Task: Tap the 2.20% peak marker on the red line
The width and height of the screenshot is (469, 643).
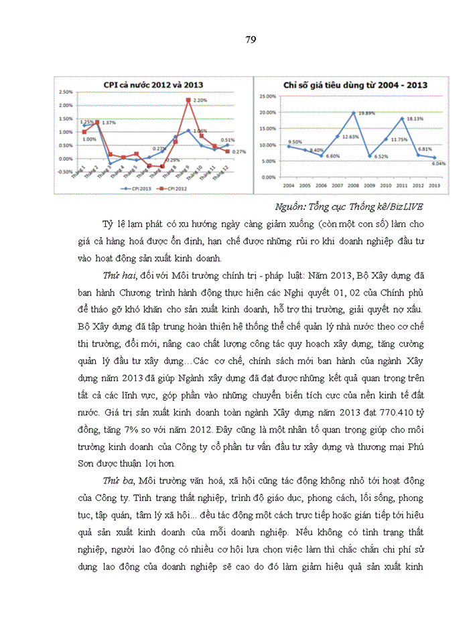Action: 189,100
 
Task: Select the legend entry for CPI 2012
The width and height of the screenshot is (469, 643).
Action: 172,189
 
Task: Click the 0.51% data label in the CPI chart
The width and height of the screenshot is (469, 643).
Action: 227,140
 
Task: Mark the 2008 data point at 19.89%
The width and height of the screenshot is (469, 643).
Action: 371,113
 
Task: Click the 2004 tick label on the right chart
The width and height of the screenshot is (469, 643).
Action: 289,184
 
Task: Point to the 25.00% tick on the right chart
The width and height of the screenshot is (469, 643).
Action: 267,96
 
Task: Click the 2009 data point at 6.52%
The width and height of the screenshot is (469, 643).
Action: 387,156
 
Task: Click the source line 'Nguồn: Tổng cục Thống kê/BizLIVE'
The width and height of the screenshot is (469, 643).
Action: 349,206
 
